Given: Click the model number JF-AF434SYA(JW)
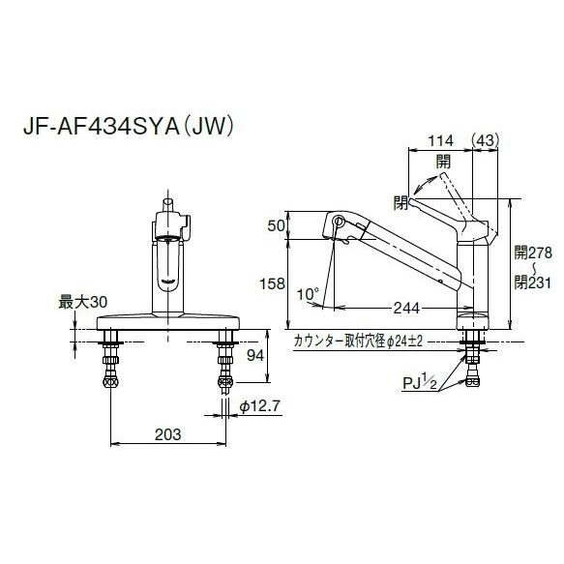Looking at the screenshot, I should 136,127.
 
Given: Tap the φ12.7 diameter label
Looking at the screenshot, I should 256,406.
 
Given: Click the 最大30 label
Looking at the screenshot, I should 83,303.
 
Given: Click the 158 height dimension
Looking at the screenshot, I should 274,283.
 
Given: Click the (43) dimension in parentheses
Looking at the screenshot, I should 484,141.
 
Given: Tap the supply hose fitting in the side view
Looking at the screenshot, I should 474,365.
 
